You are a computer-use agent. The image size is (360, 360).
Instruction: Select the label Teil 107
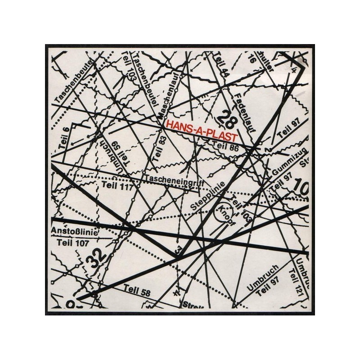click(74, 242)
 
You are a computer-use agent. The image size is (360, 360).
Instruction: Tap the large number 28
click(228, 120)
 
